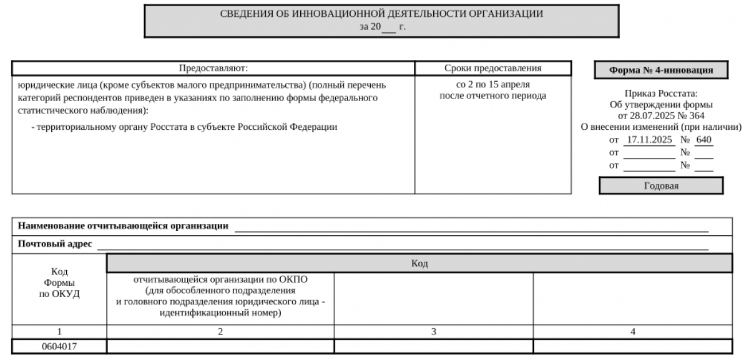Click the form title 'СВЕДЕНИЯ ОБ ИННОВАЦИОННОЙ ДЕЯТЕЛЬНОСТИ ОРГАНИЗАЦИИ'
coord(381,14)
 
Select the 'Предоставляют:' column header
coord(213,68)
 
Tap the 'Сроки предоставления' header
coord(492,68)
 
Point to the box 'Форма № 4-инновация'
coord(661,70)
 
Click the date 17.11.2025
coord(649,140)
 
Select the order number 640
coord(703,140)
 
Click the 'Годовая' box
coord(661,186)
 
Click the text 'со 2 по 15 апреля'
coord(492,84)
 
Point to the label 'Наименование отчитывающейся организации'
coord(123,226)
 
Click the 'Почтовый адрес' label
coord(55,244)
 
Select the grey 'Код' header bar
coord(419,264)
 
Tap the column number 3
coord(433,332)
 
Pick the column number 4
coord(633,332)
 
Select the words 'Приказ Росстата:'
coord(661,93)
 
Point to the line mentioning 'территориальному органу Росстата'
coord(184,127)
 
